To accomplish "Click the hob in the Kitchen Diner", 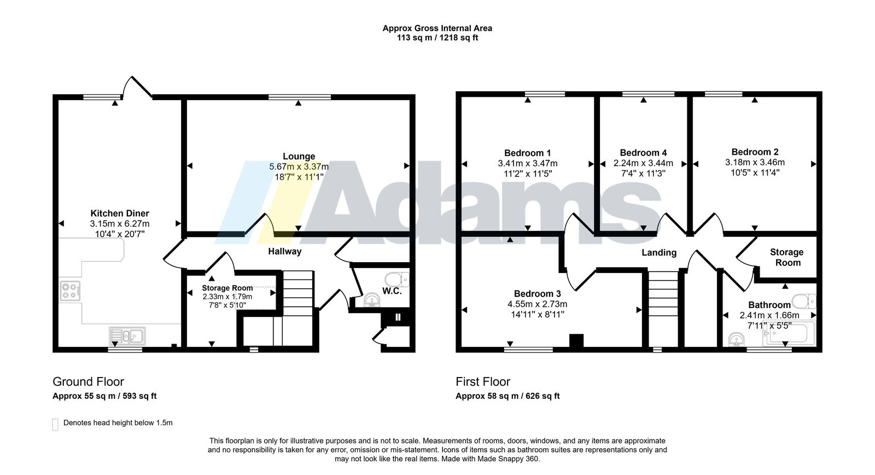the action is pyautogui.click(x=71, y=291).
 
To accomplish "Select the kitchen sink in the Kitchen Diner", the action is pyautogui.click(x=127, y=336).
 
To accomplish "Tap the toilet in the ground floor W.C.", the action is pyautogui.click(x=397, y=280).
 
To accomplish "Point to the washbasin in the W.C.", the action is pyautogui.click(x=372, y=300).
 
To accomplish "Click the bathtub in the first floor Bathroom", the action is pyautogui.click(x=791, y=333).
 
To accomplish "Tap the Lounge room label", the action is pyautogui.click(x=299, y=157).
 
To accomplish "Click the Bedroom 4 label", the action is pyautogui.click(x=643, y=153).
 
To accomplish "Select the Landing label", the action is pyautogui.click(x=659, y=253).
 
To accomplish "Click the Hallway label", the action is pyautogui.click(x=285, y=251).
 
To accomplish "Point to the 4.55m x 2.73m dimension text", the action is pyautogui.click(x=538, y=304).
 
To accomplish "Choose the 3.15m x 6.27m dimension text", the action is pyautogui.click(x=120, y=224).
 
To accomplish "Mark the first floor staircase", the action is pyautogui.click(x=663, y=309).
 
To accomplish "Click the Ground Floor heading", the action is pyautogui.click(x=88, y=381).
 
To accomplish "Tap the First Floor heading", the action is pyautogui.click(x=483, y=381).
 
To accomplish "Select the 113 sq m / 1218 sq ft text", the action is pyautogui.click(x=437, y=38).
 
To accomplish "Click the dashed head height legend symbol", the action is pyautogui.click(x=55, y=424).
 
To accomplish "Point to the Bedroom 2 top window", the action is pyautogui.click(x=724, y=94).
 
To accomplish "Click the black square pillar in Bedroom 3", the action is pyautogui.click(x=576, y=340).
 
